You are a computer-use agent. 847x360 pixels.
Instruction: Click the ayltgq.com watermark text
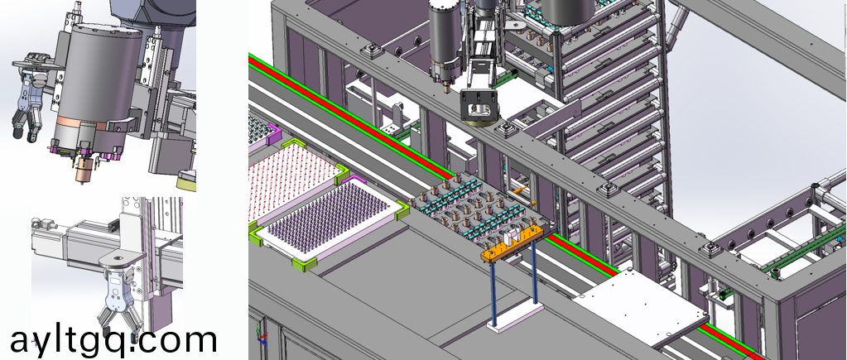coord(113,339)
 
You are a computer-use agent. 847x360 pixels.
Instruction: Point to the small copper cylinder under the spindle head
coord(84,170)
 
